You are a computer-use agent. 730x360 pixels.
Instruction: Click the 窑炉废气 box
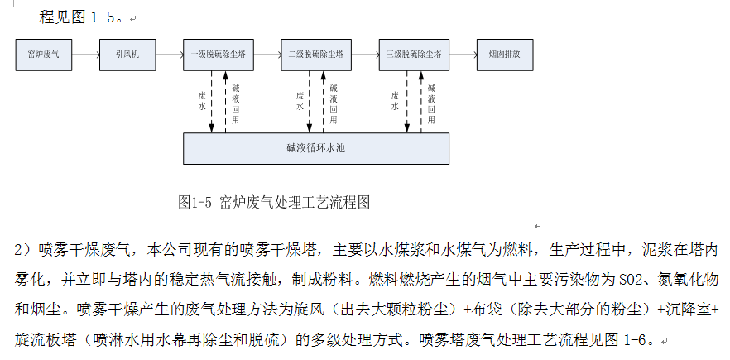click(x=44, y=55)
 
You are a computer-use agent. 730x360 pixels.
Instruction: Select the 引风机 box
click(x=127, y=55)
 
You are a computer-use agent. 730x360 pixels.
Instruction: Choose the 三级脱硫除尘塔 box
click(x=413, y=55)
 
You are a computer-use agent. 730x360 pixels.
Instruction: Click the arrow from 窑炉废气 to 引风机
click(x=85, y=55)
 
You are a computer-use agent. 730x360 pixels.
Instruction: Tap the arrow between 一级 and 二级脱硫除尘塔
click(x=266, y=55)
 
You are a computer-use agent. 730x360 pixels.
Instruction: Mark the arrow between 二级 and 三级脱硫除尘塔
click(x=364, y=55)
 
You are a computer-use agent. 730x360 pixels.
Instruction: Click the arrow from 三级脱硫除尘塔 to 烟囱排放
click(x=461, y=55)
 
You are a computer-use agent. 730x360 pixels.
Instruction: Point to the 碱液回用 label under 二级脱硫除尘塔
click(x=334, y=103)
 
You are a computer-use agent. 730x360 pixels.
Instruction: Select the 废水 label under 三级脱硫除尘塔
click(x=396, y=101)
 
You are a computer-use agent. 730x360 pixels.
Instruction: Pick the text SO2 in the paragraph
click(x=621, y=272)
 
